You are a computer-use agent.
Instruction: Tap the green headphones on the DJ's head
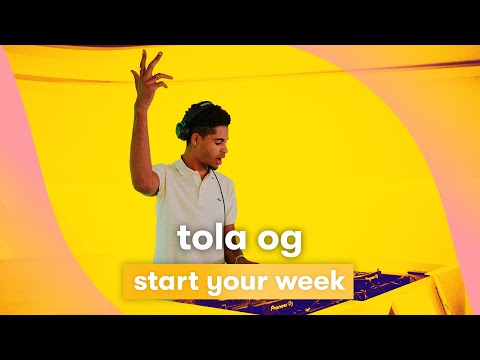tap(185, 124)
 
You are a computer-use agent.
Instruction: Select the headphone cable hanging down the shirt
tap(217, 195)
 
